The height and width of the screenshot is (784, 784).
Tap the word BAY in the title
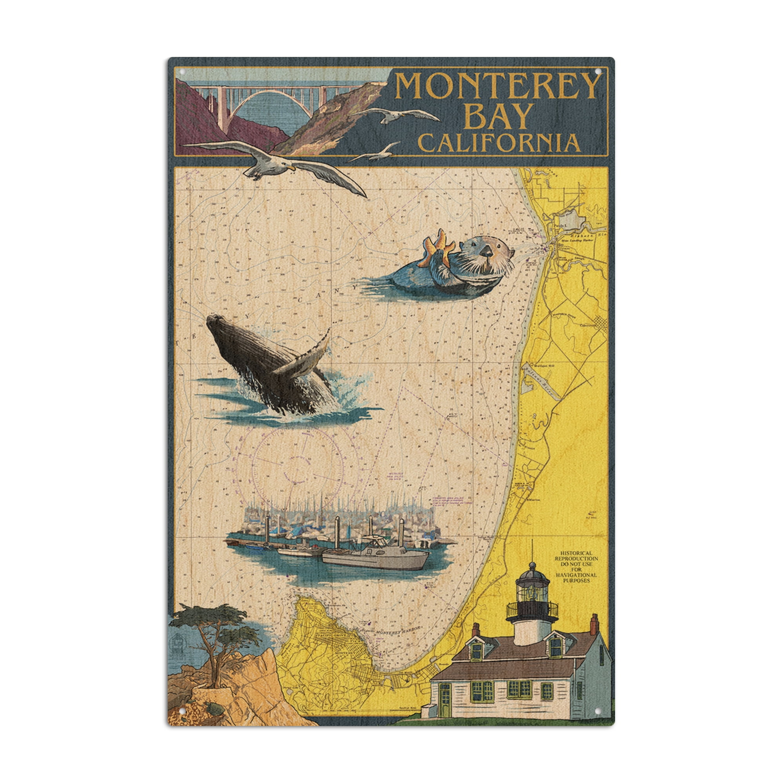pyautogui.click(x=497, y=116)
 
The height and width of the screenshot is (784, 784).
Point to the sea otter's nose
pyautogui.click(x=484, y=251)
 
